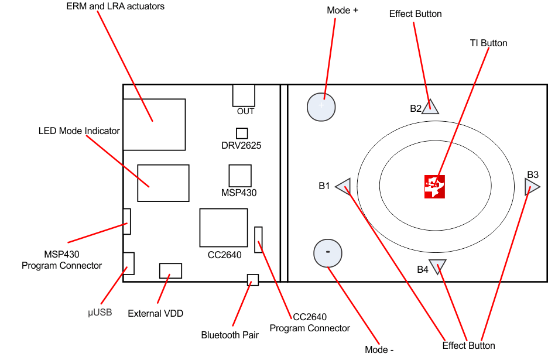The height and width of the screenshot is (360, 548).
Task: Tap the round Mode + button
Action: (321, 107)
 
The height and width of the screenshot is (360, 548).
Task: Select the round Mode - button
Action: (328, 252)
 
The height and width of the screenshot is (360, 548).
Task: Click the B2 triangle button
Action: (430, 106)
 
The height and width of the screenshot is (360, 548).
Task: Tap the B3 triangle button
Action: (530, 187)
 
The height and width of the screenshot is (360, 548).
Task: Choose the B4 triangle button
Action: (437, 265)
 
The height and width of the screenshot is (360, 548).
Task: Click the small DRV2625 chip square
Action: (242, 133)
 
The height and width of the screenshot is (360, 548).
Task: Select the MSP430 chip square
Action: (240, 176)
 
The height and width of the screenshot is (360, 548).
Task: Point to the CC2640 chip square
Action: (224, 227)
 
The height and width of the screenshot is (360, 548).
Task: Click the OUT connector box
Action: (244, 95)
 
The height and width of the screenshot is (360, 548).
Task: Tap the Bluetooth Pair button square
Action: (253, 280)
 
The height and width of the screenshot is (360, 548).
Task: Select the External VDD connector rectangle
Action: (170, 270)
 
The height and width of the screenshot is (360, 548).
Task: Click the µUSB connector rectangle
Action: (128, 263)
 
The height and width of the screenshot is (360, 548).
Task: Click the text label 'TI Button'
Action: (488, 43)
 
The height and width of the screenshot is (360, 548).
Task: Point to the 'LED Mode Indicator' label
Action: (79, 131)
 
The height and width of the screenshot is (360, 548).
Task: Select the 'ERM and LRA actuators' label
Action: (115, 6)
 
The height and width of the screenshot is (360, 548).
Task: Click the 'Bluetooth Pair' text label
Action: (230, 335)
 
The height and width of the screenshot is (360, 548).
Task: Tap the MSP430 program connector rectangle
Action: (126, 221)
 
